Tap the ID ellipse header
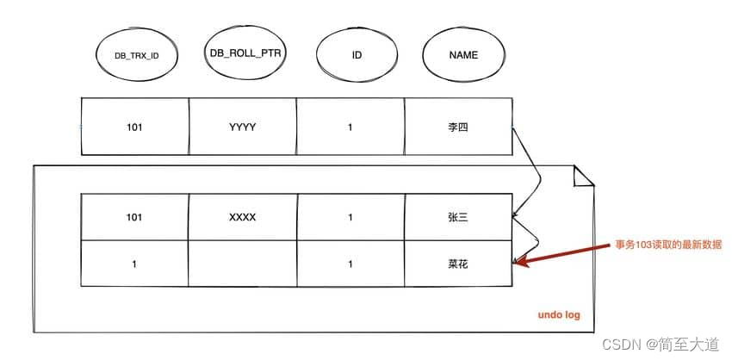coord(356,55)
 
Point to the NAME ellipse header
coord(463,55)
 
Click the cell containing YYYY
coord(242,127)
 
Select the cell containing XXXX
coord(242,218)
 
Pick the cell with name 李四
coord(458,127)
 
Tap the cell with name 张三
coord(458,218)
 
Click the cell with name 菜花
coord(458,264)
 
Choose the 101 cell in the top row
coord(133,127)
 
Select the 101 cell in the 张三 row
coord(133,218)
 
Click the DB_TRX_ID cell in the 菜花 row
coord(133,264)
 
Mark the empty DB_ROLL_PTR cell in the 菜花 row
coord(242,264)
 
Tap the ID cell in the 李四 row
coord(350,127)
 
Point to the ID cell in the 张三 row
coord(350,218)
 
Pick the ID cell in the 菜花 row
coord(350,264)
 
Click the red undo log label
coord(558,315)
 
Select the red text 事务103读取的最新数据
coord(661,245)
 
